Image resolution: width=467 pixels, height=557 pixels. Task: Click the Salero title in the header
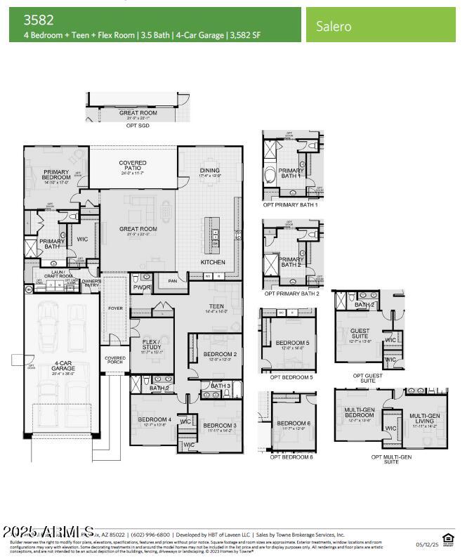tap(334, 27)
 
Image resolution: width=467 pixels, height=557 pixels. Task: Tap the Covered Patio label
tap(133, 166)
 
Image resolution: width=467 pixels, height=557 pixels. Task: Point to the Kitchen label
tap(213, 262)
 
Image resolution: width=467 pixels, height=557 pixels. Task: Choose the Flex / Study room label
tap(152, 346)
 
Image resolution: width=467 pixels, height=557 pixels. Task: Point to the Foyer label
tap(114, 308)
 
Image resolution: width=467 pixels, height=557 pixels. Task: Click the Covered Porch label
tap(115, 360)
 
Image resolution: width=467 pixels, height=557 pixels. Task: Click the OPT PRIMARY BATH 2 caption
tap(291, 294)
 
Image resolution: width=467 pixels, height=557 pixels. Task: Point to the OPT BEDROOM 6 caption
tap(291, 457)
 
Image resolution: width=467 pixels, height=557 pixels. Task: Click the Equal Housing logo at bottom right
tap(446, 539)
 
